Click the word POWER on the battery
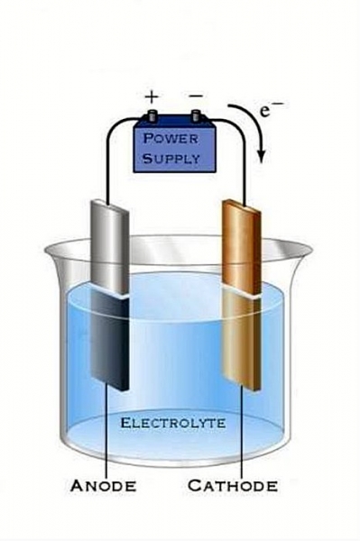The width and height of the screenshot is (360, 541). pos(171,139)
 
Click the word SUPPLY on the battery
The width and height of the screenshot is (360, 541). pos(171,159)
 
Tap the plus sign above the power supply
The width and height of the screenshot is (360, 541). pos(152,97)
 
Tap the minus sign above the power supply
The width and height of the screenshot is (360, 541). pos(197,96)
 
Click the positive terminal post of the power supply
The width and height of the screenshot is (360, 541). pos(152,116)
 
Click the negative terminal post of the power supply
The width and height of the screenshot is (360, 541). pos(196,116)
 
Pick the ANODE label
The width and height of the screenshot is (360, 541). pos(103,486)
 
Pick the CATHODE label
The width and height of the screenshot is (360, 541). pos(233,485)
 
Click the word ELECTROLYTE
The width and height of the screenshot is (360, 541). pos(173,423)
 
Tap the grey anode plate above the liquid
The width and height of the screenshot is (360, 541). pos(110,249)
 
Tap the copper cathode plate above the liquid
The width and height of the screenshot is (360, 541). pos(241,248)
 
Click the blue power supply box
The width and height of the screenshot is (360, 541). pos(175,147)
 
